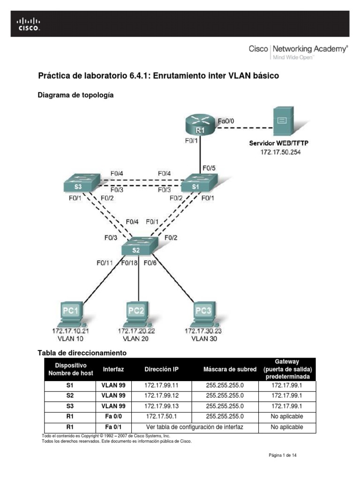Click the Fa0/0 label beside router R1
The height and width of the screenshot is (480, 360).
[x=226, y=120]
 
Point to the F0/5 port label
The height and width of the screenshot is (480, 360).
[x=209, y=167]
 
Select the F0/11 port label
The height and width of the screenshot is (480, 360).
[x=105, y=262]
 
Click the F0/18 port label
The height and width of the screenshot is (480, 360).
[x=130, y=262]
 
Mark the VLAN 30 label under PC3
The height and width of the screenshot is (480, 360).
[x=203, y=338]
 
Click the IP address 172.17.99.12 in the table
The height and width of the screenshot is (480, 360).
[x=162, y=395]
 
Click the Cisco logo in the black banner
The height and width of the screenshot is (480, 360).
[x=29, y=23]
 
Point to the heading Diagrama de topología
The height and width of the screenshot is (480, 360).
[x=75, y=95]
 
